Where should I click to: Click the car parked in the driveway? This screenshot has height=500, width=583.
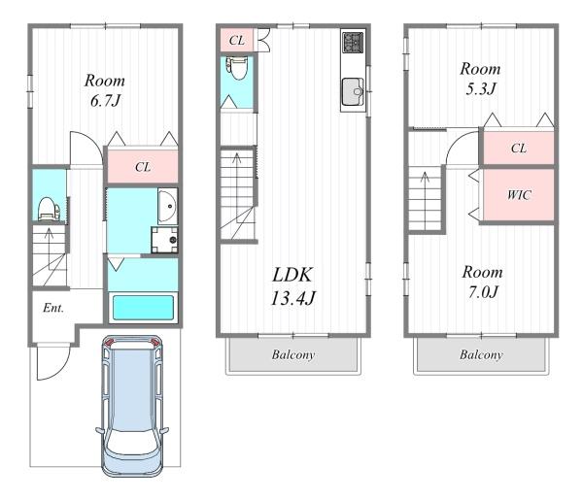132,406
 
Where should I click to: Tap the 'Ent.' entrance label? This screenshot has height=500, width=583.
53,308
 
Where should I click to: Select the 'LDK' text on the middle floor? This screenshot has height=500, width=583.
292,275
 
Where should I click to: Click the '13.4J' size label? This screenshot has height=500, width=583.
293,298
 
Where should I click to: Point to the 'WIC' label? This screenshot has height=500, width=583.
519,194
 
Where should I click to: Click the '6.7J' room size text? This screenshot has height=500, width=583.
106,101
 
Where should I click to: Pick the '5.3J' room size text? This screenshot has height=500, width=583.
481,88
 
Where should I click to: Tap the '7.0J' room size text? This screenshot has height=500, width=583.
483,292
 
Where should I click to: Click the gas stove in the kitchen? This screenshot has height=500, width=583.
353,43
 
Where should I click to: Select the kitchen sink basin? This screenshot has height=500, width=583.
353,91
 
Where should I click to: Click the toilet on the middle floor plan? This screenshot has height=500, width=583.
237,68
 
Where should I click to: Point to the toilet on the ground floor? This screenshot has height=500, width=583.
50,209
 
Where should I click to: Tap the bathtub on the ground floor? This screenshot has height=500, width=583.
143,308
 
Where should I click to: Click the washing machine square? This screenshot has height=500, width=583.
164,240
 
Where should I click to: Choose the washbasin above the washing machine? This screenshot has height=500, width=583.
168,206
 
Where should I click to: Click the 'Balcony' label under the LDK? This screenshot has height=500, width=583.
293,354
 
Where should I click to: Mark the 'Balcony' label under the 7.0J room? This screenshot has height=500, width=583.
481,354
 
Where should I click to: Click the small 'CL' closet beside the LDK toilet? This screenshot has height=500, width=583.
237,40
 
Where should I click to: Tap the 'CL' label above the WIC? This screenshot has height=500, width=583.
519,149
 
